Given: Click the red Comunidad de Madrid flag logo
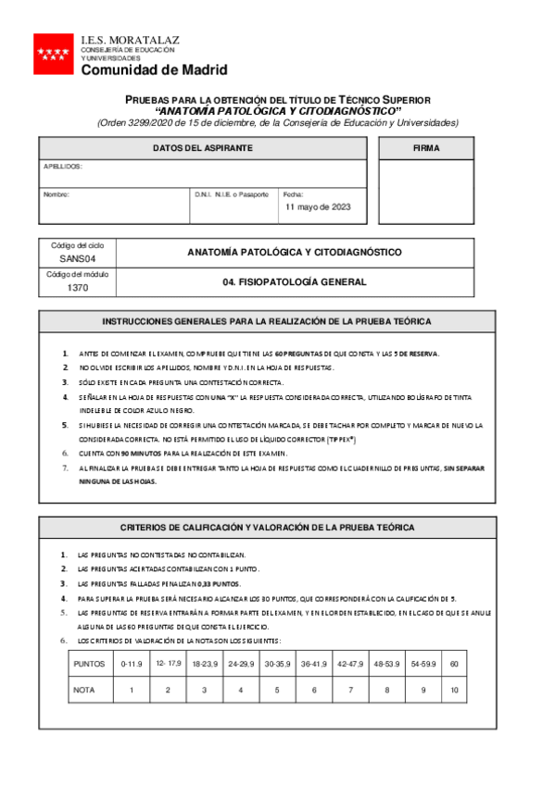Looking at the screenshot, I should [52, 54].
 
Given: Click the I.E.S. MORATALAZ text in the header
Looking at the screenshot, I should [131, 41].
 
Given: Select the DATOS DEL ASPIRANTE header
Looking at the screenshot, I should [202, 148].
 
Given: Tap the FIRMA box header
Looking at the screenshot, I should [426, 148].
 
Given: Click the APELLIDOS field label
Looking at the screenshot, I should [63, 167].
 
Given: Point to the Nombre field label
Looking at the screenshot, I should [57, 194].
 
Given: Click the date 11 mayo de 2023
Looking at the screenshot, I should [318, 207].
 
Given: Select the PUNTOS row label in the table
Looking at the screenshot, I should [89, 664].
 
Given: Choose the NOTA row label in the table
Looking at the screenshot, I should [85, 691].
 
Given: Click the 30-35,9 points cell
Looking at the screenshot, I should [275, 664].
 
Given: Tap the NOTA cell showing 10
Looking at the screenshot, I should [454, 691].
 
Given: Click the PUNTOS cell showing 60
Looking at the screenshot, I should [454, 664].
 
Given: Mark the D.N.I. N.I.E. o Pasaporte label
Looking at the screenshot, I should [232, 194].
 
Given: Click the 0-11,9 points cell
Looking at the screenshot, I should [132, 664].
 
